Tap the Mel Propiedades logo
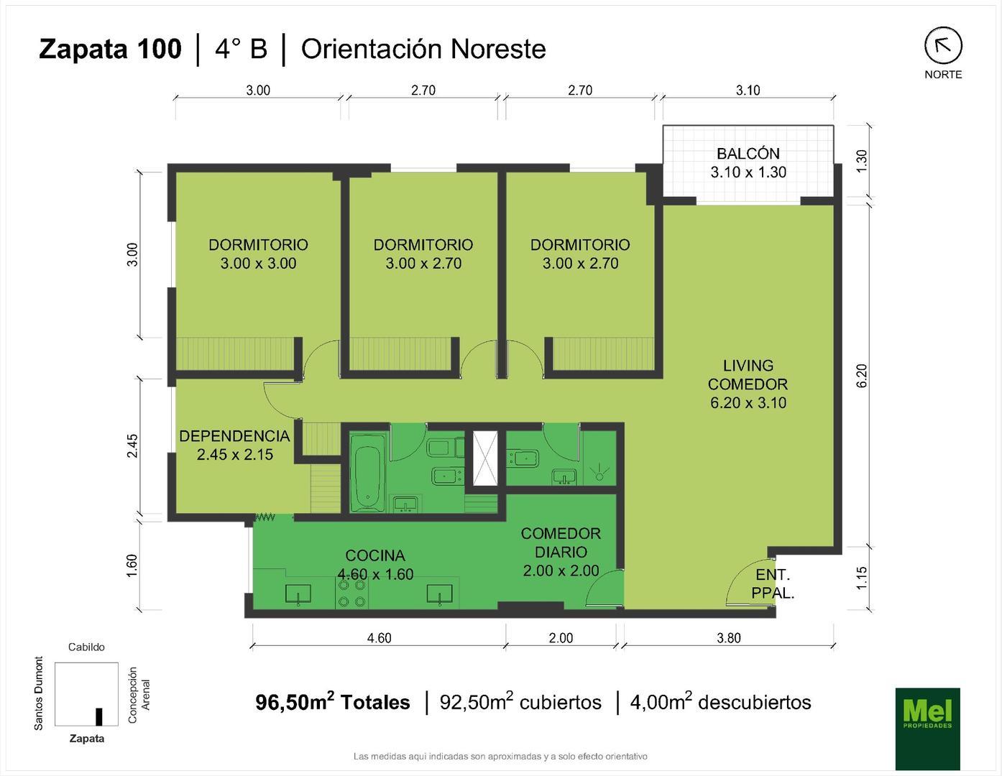927,729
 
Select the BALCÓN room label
748,154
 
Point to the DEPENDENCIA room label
234,436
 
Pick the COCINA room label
375,555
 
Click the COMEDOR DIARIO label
561,542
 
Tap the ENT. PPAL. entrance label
773,584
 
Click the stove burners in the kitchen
352,593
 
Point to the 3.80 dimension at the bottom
728,638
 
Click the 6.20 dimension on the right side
862,376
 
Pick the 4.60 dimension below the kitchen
379,638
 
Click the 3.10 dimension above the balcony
748,90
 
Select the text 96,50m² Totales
333,702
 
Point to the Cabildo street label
86,647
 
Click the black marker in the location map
99,716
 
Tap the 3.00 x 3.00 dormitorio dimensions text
258,264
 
